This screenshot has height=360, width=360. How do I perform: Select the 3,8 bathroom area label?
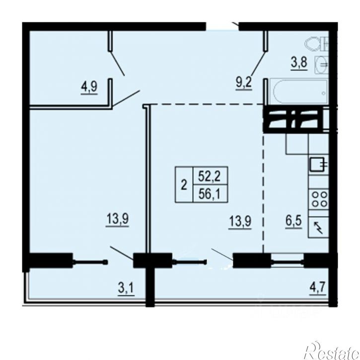click(298, 64)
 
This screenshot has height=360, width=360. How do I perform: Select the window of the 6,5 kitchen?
click(287, 260)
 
